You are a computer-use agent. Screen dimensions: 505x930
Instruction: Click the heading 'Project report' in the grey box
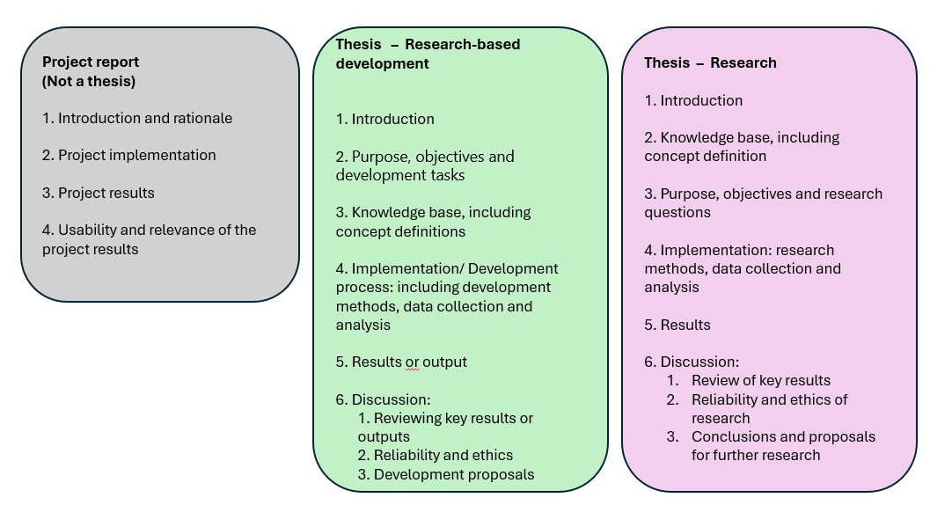coord(91,62)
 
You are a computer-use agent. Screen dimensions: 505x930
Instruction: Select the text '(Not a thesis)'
coord(89,81)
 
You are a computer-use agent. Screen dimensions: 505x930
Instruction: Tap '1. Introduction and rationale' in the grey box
coord(137,118)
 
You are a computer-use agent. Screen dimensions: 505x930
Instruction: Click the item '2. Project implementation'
coord(128,155)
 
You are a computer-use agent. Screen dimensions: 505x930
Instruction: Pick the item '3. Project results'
coord(99,193)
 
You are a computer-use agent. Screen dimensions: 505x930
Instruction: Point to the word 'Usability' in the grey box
coord(89,230)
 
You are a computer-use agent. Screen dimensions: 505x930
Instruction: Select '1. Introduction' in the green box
coord(385,119)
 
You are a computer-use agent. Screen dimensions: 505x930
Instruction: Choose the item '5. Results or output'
coord(401,362)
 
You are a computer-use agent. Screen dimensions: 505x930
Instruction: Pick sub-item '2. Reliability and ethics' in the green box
coord(435,455)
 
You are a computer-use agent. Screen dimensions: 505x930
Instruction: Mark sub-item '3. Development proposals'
coord(445,474)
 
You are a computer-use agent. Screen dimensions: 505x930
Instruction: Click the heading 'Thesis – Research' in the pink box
coord(710,62)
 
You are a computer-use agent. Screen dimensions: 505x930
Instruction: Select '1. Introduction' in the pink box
coord(693,100)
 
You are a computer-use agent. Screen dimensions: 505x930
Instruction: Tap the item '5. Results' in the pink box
coord(677,325)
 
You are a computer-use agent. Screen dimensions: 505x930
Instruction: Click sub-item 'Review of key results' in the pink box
coord(760,380)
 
